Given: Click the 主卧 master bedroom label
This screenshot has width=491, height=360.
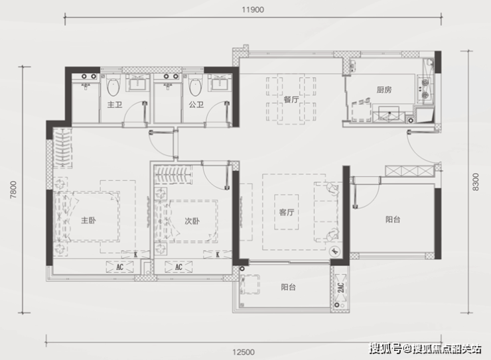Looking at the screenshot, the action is [88, 221].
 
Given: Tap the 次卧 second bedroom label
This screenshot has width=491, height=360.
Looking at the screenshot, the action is [192, 221].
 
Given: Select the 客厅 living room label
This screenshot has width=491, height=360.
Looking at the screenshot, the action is [287, 212].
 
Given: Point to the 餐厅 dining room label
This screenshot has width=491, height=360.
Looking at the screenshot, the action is [291, 99].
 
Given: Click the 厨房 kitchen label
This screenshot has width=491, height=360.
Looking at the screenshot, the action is [384, 90].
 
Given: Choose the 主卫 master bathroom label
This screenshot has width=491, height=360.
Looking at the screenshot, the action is [115, 105].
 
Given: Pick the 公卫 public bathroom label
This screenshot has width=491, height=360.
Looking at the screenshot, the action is [196, 105].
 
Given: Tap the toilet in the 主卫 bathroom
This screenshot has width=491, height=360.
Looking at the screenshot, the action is [113, 85].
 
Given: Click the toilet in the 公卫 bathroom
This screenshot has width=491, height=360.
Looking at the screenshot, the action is [196, 85].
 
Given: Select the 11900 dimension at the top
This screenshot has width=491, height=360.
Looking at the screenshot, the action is [253, 10].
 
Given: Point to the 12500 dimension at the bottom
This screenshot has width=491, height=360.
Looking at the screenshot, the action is [244, 352].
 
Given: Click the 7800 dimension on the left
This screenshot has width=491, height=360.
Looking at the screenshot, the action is [13, 190].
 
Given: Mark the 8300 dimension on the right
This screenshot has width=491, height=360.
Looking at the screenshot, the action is [476, 182].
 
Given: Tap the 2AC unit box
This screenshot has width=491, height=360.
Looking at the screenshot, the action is [340, 287].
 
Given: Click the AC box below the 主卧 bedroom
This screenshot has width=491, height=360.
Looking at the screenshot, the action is [119, 267].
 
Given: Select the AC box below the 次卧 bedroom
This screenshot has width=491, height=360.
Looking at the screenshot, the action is [178, 267].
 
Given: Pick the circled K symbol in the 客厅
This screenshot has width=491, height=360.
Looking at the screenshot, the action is [335, 251].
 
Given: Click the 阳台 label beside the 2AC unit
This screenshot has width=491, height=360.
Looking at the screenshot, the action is [288, 287].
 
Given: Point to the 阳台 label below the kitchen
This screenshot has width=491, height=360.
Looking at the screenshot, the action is [393, 219].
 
